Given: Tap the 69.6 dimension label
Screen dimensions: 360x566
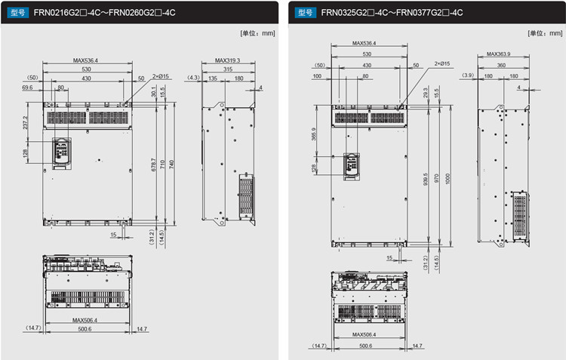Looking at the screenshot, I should (29, 88).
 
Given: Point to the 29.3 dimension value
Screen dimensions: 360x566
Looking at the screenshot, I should (426, 91).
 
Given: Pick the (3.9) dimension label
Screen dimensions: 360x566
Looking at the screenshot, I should (468, 75).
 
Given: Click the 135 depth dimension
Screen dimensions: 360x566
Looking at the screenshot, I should (212, 78).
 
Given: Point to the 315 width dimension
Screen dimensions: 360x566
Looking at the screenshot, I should (227, 69).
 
